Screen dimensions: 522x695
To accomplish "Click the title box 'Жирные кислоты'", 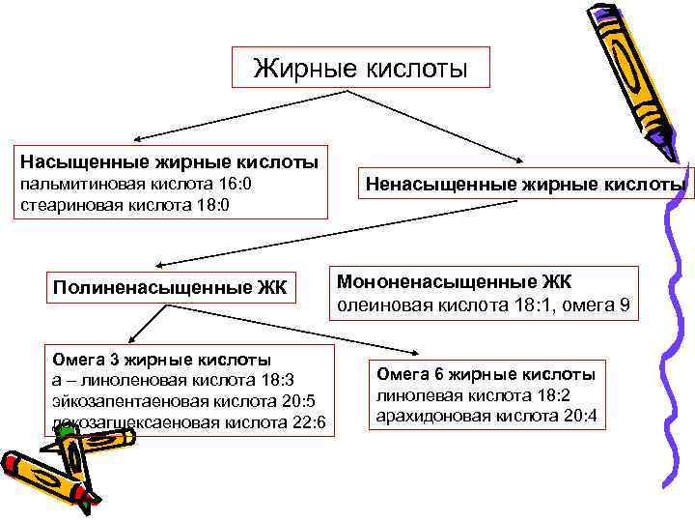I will [x=360, y=69].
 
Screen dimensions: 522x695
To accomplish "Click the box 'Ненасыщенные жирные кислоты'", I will [x=526, y=183].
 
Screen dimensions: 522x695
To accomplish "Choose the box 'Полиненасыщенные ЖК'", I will [x=170, y=286].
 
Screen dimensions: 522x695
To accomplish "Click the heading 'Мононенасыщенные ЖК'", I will [x=454, y=281].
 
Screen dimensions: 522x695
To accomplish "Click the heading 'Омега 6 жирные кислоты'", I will [x=485, y=374].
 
